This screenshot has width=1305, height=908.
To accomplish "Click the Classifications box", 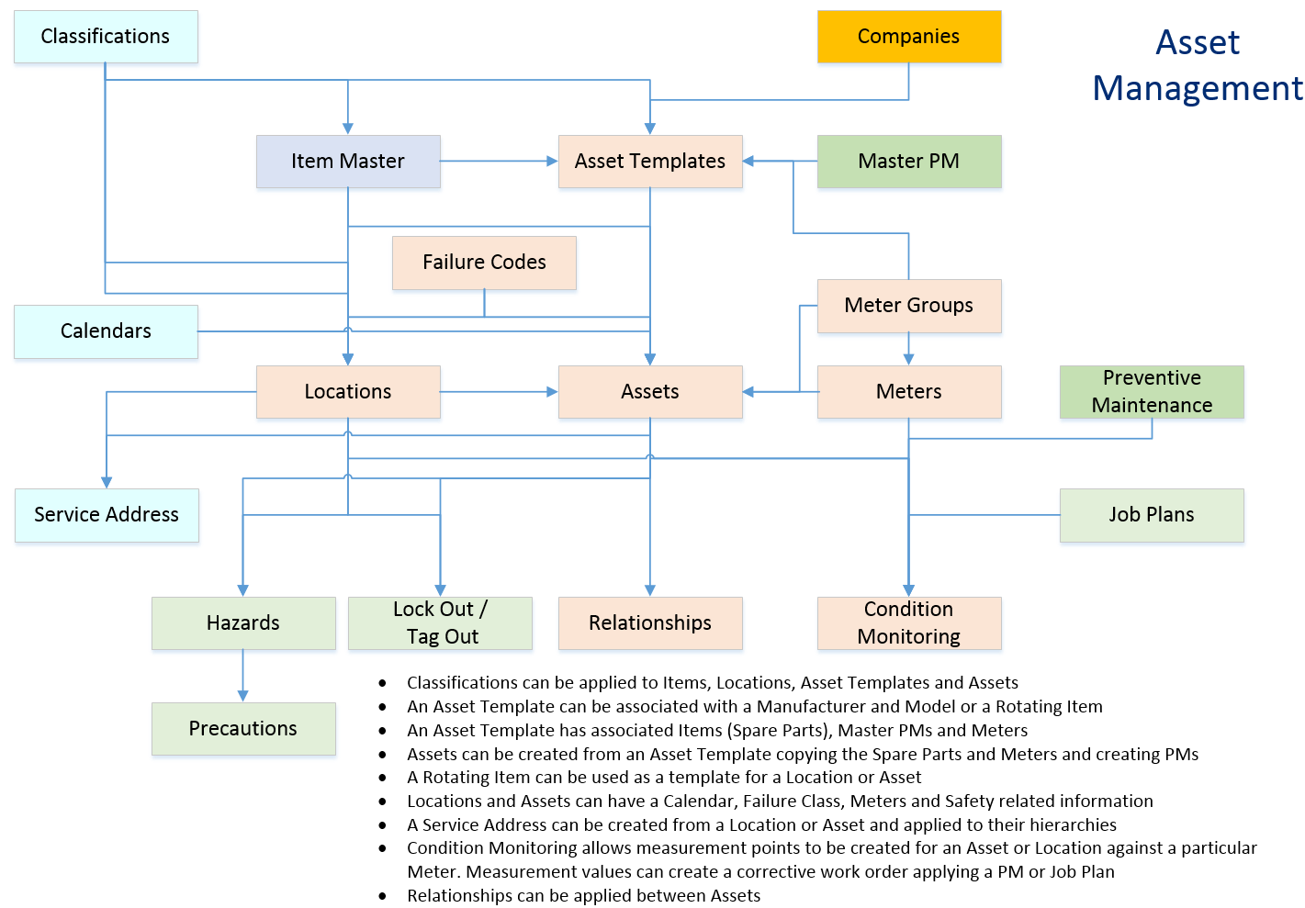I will point(106,37).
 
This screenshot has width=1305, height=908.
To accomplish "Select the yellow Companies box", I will point(908,37).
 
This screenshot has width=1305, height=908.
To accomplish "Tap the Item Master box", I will point(348,162).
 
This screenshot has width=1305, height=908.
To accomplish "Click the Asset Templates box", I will point(649,162).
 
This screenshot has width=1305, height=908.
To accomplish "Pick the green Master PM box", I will point(908,162).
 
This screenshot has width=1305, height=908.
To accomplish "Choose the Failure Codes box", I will point(484,263).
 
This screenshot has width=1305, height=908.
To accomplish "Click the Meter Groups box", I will point(908,306).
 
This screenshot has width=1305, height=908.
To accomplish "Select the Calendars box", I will point(106,331).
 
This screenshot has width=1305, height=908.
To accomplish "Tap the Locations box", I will point(348,392).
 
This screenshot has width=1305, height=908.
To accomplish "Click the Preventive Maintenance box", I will point(1151,392).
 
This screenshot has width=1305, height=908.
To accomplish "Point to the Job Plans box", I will point(1151,515).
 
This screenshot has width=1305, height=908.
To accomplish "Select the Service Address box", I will point(107,515).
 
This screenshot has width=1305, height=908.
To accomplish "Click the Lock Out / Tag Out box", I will point(440,623).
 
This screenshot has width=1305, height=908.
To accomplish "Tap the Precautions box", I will point(243,729).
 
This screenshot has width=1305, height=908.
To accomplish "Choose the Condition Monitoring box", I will point(908,623).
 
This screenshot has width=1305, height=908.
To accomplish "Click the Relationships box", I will point(649,623).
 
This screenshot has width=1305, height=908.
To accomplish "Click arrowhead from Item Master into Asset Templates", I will point(552,162).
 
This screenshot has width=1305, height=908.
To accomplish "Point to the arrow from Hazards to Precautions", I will point(243,678).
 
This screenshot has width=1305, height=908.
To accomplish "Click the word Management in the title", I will point(1197,89).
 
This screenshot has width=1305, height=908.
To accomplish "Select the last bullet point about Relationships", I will point(583,896).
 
